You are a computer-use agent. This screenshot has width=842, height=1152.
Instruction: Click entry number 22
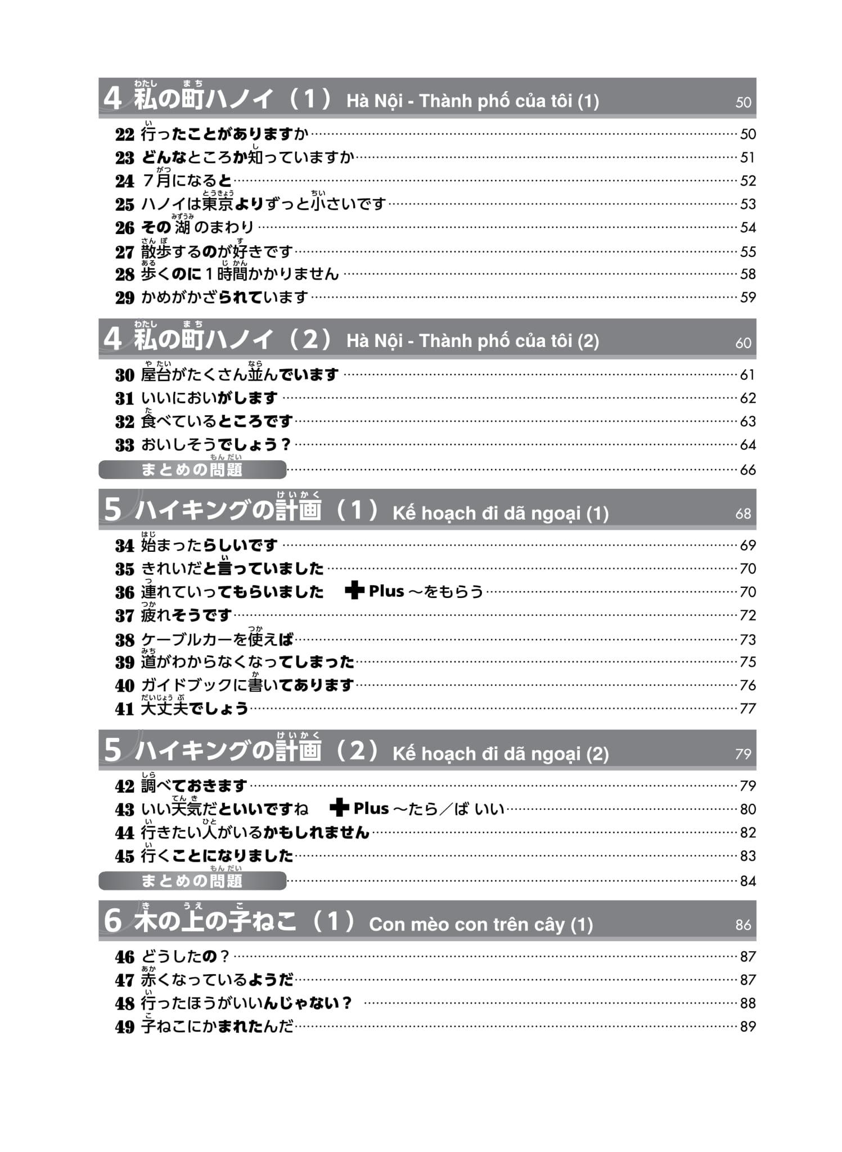pyautogui.click(x=125, y=134)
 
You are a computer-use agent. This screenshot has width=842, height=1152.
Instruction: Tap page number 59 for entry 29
pyautogui.click(x=748, y=297)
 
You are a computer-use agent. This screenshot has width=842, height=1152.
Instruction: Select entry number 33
pyautogui.click(x=125, y=445)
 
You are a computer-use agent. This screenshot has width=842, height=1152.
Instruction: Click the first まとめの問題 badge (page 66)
pyautogui.click(x=192, y=470)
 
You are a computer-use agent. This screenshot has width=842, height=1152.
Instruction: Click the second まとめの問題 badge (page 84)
pyautogui.click(x=192, y=881)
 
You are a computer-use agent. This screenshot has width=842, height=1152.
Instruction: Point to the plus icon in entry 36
pyautogui.click(x=354, y=591)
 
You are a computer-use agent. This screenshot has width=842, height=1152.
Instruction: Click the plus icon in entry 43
pyautogui.click(x=339, y=808)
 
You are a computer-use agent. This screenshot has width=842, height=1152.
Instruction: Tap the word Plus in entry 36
pyautogui.click(x=386, y=591)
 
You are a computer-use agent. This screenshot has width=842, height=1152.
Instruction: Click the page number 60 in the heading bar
pyautogui.click(x=743, y=343)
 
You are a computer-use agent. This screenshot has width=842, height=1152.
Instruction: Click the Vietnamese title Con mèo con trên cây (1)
pyautogui.click(x=481, y=925)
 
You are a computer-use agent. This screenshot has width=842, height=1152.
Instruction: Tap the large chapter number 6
pyautogui.click(x=112, y=921)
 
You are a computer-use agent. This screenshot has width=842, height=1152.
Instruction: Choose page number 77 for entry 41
pyautogui.click(x=748, y=708)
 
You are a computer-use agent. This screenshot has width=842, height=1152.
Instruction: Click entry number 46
pyautogui.click(x=125, y=957)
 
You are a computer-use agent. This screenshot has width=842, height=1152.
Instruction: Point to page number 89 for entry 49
pyautogui.click(x=748, y=1027)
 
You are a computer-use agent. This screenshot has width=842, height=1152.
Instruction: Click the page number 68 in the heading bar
pyautogui.click(x=743, y=514)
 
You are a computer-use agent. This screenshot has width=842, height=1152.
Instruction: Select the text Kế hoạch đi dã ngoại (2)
pyautogui.click(x=501, y=754)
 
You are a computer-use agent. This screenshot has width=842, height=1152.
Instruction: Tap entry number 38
pyautogui.click(x=125, y=640)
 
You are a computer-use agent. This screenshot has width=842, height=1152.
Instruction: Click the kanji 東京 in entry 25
pyautogui.click(x=218, y=204)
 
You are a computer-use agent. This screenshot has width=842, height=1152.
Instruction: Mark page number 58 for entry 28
pyautogui.click(x=748, y=274)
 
